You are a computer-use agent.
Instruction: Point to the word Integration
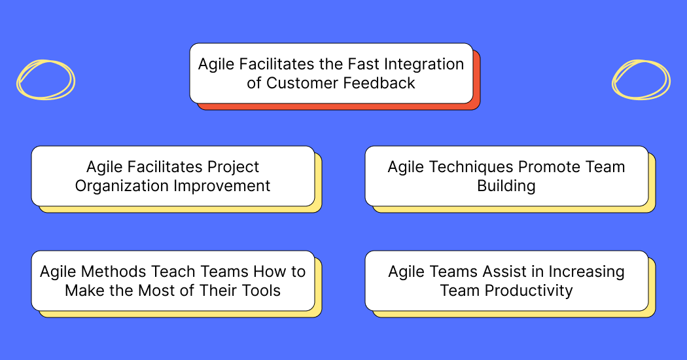(424, 64)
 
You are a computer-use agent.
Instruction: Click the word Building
(506, 187)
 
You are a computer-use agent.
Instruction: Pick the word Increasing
(586, 272)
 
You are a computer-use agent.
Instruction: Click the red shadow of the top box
(476, 80)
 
